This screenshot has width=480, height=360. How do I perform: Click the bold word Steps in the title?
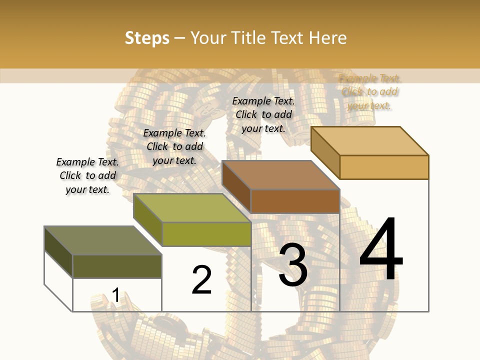[147, 38]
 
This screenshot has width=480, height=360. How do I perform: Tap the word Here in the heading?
[327, 38]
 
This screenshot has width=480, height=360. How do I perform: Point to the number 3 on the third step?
[293, 265]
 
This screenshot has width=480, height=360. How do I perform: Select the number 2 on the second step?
[201, 280]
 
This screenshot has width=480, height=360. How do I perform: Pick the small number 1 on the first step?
[115, 295]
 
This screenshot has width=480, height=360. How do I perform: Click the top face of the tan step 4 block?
[370, 141]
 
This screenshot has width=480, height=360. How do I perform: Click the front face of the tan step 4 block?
[384, 167]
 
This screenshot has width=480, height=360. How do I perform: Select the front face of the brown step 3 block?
[295, 201]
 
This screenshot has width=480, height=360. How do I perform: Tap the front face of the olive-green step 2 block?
[206, 234]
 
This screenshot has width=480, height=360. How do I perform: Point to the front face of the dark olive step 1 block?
[117, 266]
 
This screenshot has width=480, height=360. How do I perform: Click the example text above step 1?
[87, 175]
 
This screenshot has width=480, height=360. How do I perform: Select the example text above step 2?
[174, 146]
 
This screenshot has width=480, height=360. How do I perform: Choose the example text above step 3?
[263, 114]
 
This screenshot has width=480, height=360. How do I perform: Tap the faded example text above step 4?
[369, 91]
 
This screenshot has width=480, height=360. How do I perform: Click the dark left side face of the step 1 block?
[58, 251]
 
